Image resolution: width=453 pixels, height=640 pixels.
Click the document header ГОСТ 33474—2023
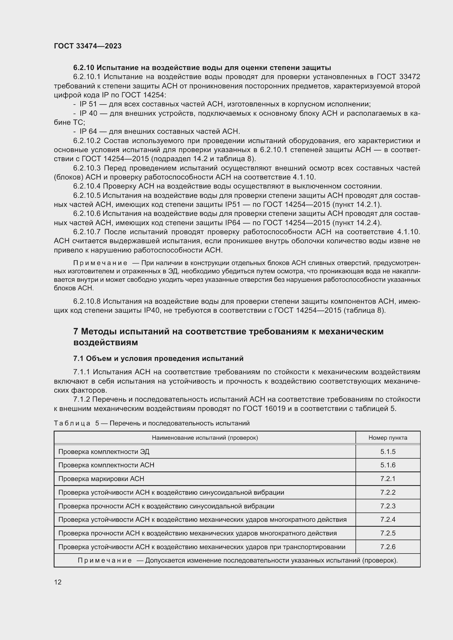(88, 46)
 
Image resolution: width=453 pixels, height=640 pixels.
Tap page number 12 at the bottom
(58, 582)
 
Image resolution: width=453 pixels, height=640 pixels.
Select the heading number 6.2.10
(84, 68)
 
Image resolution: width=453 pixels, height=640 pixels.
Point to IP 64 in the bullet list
(88, 131)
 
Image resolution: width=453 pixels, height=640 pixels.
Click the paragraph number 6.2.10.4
(87, 186)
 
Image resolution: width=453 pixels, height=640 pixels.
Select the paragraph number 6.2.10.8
(87, 301)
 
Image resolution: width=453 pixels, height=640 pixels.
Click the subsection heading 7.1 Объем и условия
(158, 358)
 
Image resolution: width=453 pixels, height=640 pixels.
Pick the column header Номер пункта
(388, 438)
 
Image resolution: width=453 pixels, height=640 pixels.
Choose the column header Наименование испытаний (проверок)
(205, 438)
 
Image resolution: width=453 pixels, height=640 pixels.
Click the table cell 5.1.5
(388, 451)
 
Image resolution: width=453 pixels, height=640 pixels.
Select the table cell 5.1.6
(388, 465)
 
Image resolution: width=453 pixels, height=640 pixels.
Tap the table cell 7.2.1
(388, 479)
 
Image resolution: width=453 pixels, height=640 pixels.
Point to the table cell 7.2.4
(388, 520)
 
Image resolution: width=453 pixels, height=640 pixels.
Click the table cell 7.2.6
(388, 547)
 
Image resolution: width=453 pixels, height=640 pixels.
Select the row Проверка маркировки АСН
(101, 479)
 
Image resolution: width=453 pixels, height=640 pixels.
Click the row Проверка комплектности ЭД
(104, 451)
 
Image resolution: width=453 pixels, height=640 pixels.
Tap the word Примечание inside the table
(105, 561)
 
